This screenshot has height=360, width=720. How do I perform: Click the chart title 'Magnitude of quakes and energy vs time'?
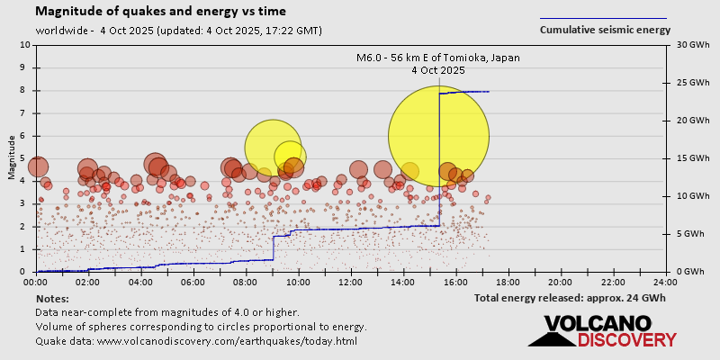161,12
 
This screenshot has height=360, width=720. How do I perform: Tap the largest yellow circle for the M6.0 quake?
438,136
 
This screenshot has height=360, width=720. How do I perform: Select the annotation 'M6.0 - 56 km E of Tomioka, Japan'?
438,58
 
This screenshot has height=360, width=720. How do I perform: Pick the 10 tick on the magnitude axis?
23,44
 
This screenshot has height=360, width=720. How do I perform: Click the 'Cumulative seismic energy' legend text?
605,30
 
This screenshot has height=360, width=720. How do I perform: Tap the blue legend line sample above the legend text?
603,18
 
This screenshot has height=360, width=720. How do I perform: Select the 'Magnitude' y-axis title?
11,157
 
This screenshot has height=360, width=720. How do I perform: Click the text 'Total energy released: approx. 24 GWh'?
570,298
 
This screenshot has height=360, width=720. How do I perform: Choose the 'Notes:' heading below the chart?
51,298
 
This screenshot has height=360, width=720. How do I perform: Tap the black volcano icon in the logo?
550,334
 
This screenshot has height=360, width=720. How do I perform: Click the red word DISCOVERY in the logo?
626,339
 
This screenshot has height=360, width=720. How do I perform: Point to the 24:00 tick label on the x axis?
665,281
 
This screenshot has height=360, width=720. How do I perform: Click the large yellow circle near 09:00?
272,148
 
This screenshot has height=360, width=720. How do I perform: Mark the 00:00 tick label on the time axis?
37,281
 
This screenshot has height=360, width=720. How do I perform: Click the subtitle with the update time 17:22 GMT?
178,31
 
